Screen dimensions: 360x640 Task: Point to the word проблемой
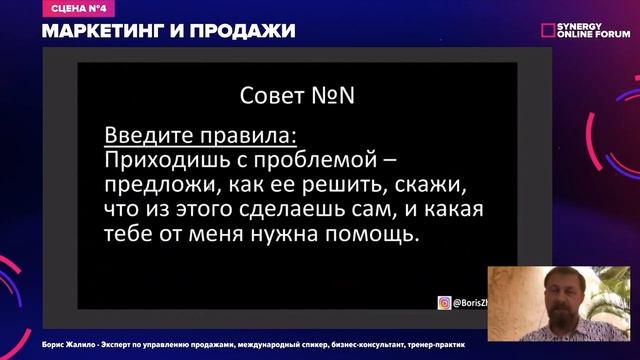click(x=319, y=158)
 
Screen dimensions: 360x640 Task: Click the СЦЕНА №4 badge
click(x=71, y=9)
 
